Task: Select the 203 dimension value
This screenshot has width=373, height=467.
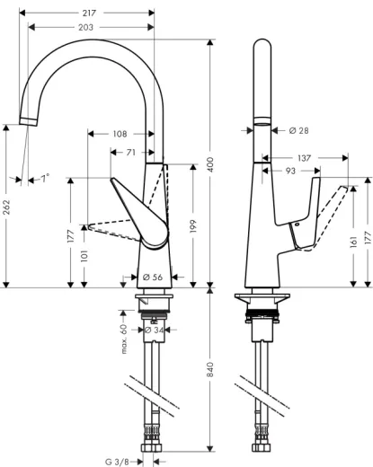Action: [87, 28]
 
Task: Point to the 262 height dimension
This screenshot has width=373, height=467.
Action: [7, 207]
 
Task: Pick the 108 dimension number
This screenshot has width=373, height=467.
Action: [120, 134]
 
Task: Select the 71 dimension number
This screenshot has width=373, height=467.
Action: [131, 153]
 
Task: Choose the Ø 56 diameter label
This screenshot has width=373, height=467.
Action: [153, 277]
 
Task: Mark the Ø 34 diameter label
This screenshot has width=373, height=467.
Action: [155, 330]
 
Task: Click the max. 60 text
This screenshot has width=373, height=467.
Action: [125, 338]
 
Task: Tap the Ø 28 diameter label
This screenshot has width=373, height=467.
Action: [299, 131]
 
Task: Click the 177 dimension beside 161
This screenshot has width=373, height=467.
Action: [368, 240]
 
